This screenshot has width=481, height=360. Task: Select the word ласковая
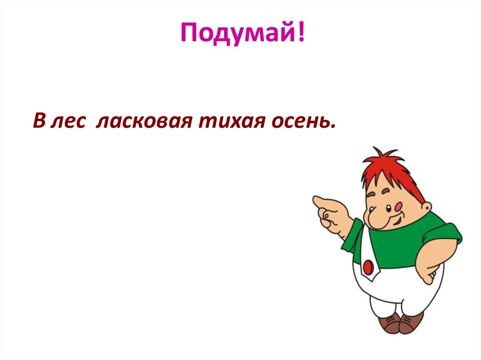coord(143,121)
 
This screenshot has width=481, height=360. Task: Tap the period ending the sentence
coord(334,127)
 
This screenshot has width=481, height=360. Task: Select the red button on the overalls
coord(368,267)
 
